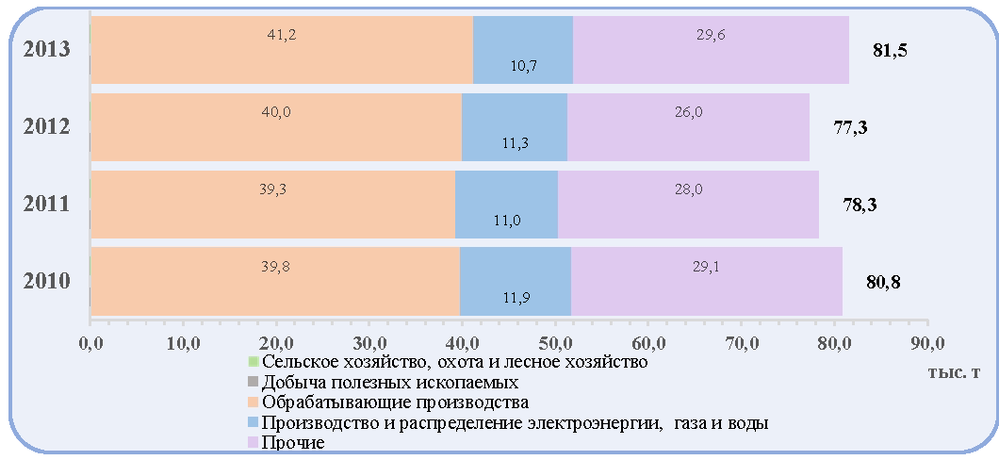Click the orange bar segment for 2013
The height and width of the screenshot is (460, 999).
click(282, 50)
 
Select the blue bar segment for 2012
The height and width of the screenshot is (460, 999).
click(515, 127)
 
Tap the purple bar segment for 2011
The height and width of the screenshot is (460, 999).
click(688, 205)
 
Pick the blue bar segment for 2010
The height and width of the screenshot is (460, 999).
click(516, 282)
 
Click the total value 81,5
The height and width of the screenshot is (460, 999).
click(890, 51)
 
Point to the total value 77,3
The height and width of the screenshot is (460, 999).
click(850, 128)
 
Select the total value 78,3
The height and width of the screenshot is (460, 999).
click(860, 205)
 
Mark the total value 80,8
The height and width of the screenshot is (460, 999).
click(883, 282)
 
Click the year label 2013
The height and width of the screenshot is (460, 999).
click(46, 50)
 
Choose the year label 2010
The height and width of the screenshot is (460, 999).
click(46, 282)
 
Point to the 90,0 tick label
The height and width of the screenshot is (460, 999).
click(928, 344)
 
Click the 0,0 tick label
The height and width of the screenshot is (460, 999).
click(90, 344)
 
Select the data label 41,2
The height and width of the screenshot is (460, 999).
click(282, 34)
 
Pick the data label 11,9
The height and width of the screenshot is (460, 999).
click(516, 296)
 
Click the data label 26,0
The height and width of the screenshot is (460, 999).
click(689, 112)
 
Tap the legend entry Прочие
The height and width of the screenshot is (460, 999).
click(287, 441)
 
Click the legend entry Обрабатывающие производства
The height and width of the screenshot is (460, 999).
click(389, 402)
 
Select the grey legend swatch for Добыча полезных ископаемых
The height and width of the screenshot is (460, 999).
click(253, 383)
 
